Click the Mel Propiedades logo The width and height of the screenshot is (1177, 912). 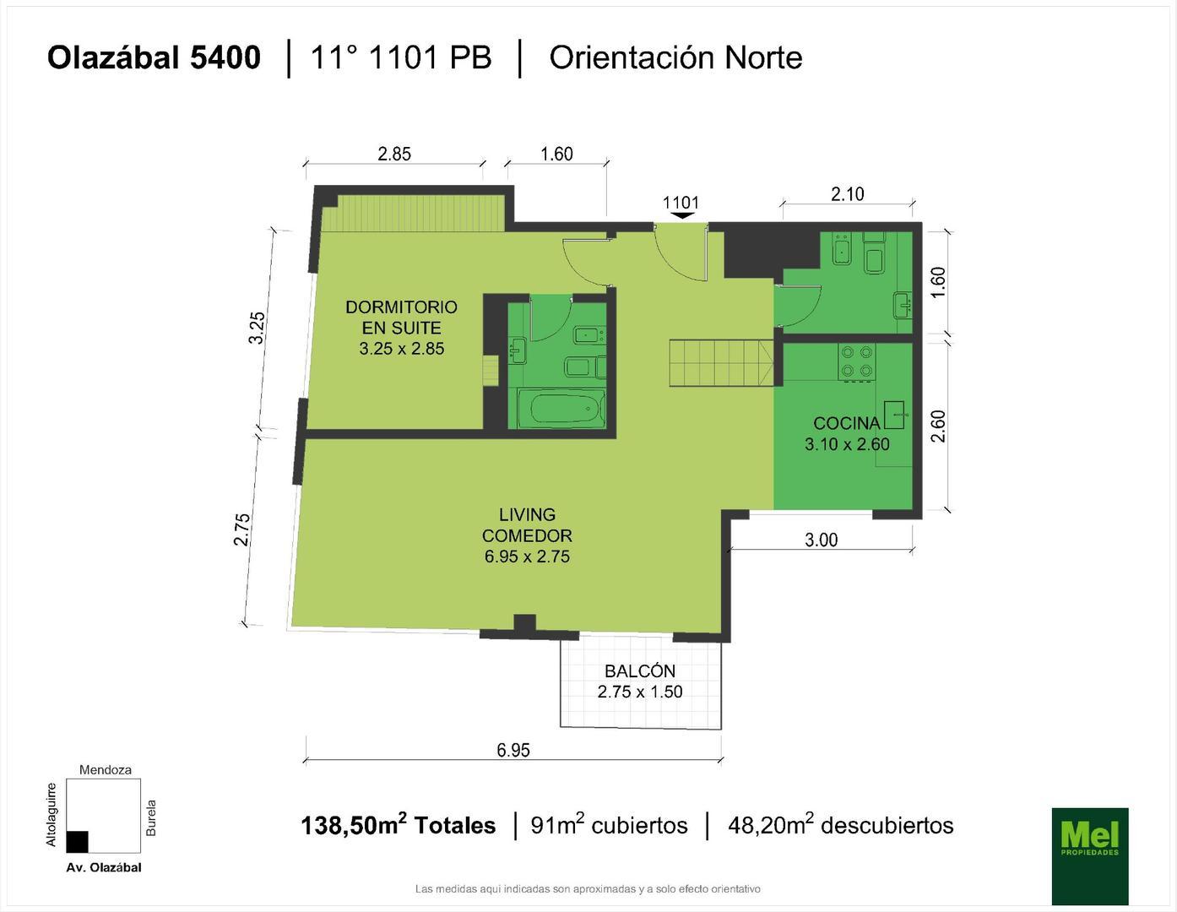[x=1089, y=855]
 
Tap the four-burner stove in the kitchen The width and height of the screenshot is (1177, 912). [x=856, y=361]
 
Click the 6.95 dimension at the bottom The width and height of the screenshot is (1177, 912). [x=513, y=750]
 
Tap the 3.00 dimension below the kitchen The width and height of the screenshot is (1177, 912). [x=821, y=540]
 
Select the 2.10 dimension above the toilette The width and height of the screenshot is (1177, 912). [x=847, y=194]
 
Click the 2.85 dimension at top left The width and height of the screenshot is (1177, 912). [x=394, y=154]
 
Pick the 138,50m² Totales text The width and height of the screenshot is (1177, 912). [x=398, y=825]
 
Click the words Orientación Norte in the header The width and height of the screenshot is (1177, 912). [x=675, y=57]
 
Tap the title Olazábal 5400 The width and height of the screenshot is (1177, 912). [x=154, y=57]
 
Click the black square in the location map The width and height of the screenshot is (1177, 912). [x=77, y=842]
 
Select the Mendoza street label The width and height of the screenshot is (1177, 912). [x=105, y=770]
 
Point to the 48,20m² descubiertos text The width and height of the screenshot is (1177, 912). [x=840, y=825]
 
